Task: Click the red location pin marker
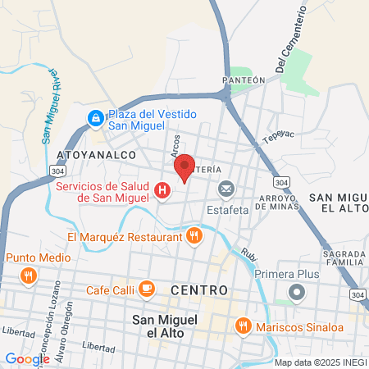tap(184, 166)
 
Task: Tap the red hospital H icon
tap(162, 191)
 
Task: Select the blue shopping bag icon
tap(96, 120)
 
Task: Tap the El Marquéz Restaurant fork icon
tap(194, 237)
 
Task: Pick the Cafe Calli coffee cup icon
tap(147, 289)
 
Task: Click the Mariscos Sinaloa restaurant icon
tap(243, 326)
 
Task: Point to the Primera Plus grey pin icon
tap(297, 292)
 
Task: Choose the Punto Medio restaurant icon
tap(29, 276)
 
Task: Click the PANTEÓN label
tap(244, 80)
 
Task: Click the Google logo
tap(27, 358)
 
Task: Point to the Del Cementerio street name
tap(290, 41)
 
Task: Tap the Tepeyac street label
tap(276, 136)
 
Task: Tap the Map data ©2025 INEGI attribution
tap(320, 362)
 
